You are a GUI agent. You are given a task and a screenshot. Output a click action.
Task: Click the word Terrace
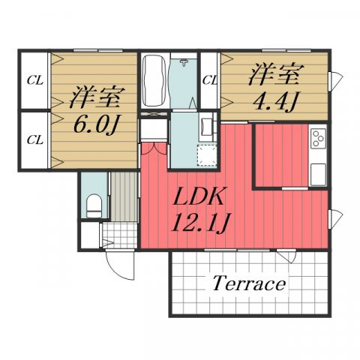click(248, 284)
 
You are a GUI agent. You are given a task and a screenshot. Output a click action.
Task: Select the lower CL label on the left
click(34, 139)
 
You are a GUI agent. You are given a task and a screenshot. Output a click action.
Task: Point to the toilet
click(94, 204)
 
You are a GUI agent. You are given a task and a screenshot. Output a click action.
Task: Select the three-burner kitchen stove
click(318, 138)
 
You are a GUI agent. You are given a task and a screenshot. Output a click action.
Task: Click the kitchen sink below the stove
click(318, 172)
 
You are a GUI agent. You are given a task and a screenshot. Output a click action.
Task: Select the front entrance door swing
click(118, 263)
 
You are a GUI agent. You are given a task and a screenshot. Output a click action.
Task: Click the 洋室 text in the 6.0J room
click(95, 97)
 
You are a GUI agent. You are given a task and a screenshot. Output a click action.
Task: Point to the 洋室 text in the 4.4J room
click(275, 74)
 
